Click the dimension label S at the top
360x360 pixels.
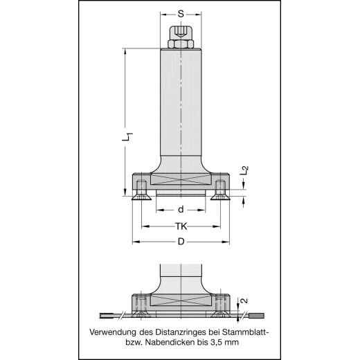pyautogui.click(x=181, y=13)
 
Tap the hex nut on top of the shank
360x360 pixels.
pyautogui.click(x=180, y=42)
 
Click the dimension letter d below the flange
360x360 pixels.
pyautogui.click(x=181, y=209)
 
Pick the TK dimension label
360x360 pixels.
pyautogui.click(x=181, y=226)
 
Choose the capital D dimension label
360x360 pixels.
pyautogui.click(x=181, y=241)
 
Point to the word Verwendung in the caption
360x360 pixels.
pyautogui.click(x=116, y=332)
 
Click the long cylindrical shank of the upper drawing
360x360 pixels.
pyautogui.click(x=180, y=104)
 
